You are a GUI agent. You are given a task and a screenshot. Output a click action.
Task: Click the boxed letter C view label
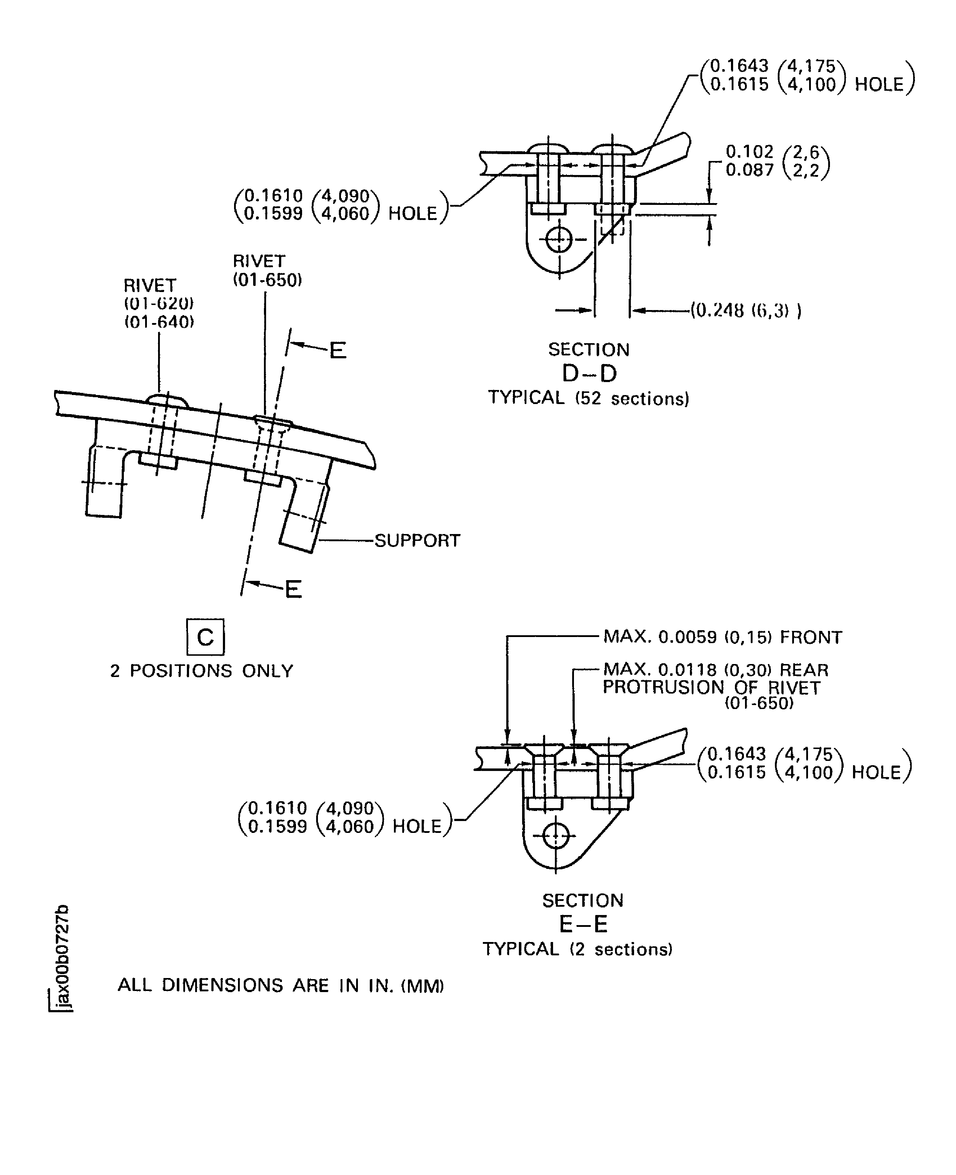[205, 637]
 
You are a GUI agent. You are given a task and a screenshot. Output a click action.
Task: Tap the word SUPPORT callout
[417, 541]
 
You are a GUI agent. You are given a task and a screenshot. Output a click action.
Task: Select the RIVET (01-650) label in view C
[267, 270]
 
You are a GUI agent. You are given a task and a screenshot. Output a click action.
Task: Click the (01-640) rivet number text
[159, 322]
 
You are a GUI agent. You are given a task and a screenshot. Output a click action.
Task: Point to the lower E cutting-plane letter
[293, 590]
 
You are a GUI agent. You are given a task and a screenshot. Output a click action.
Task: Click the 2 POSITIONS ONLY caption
[202, 671]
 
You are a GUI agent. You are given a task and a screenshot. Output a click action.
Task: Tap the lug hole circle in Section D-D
[559, 239]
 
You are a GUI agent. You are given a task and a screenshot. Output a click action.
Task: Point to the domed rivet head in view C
[167, 399]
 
